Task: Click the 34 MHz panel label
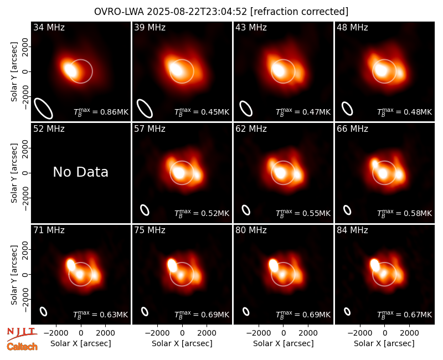point(49,27)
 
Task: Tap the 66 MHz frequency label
point(352,129)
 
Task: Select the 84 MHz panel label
point(352,230)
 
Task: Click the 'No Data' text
point(80,172)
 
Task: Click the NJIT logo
point(22,334)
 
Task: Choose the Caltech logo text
point(22,347)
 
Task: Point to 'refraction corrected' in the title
point(300,12)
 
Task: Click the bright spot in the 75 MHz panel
point(172,265)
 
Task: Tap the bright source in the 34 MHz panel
point(70,70)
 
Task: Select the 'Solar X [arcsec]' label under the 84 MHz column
point(384,343)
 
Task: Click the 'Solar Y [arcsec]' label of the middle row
point(14,173)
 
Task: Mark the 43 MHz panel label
point(251,27)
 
